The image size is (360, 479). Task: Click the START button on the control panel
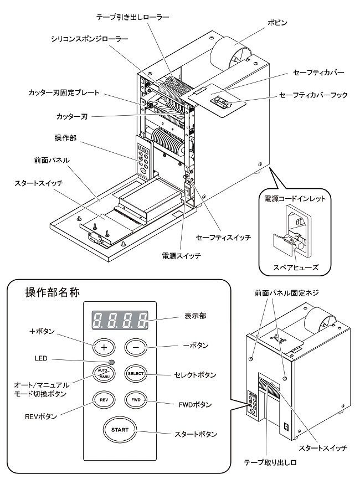pyautogui.click(x=119, y=430)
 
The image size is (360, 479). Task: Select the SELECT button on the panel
pyautogui.click(x=135, y=373)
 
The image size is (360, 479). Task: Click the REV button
pyautogui.click(x=104, y=399)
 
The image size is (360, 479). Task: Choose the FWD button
pyautogui.click(x=135, y=399)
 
